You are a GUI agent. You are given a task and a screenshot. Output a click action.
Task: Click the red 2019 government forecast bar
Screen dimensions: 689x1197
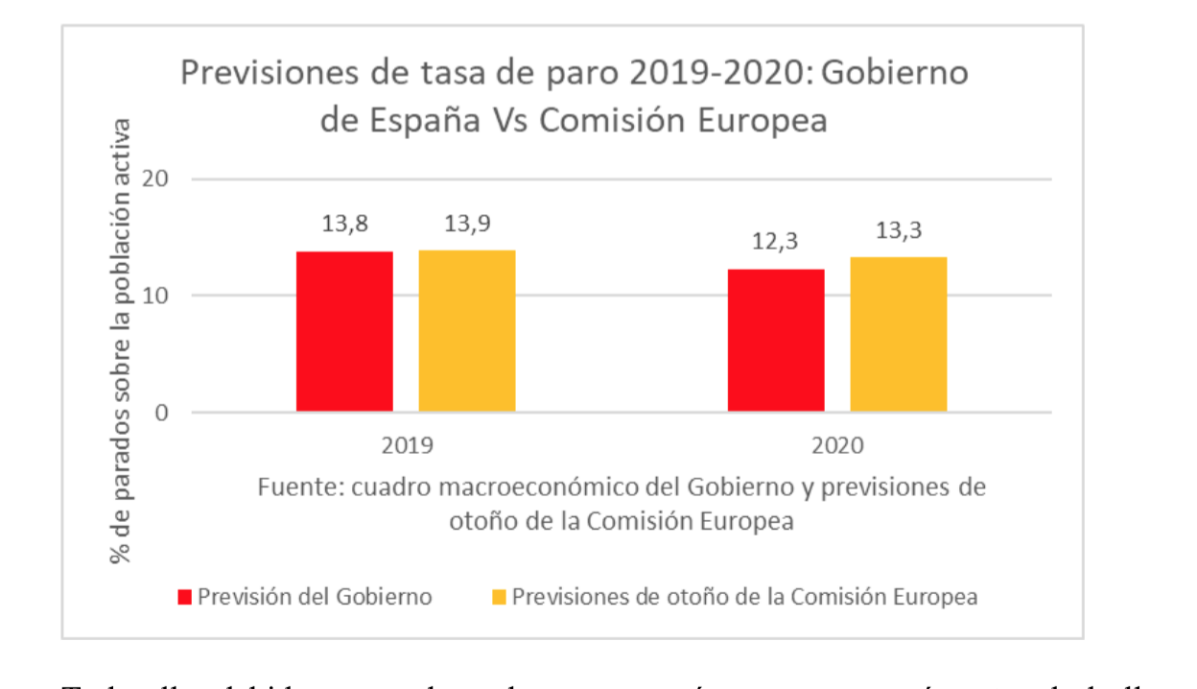[344, 331]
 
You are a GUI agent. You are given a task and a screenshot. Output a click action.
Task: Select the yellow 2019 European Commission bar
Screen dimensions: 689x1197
[467, 331]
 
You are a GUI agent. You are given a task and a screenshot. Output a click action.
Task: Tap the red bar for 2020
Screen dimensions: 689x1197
[776, 341]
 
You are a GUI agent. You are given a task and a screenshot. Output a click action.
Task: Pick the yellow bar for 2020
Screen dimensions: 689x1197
[899, 335]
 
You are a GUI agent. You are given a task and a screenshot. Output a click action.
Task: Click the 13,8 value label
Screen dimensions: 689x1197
[344, 225]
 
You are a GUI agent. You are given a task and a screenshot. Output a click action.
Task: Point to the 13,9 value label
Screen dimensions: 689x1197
[467, 225]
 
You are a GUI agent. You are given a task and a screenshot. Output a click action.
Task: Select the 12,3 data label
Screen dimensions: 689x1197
[776, 243]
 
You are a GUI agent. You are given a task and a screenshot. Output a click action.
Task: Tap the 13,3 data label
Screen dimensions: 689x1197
[899, 232]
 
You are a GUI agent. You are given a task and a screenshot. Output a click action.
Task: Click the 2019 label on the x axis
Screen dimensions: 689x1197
[406, 446]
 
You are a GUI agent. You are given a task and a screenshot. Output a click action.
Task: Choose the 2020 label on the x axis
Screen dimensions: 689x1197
[837, 446]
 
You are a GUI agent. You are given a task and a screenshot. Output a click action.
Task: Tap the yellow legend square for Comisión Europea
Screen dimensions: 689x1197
[499, 598]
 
